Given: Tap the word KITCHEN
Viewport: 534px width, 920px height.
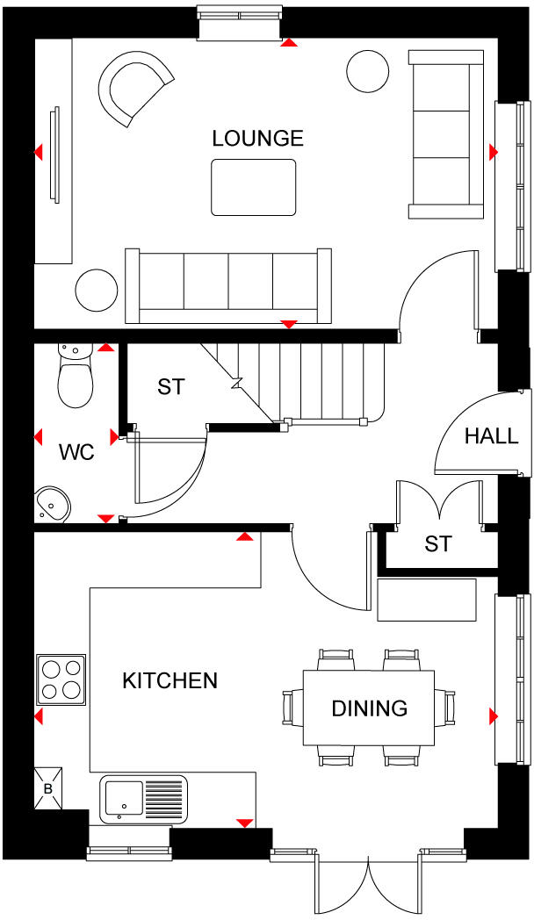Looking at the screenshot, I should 170,680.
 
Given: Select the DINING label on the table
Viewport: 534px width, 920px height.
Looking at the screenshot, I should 369,708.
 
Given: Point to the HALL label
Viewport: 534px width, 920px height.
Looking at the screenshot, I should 491,435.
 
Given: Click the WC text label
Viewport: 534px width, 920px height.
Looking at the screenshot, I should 76,453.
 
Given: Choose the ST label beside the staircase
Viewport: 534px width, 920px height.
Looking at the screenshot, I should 170,386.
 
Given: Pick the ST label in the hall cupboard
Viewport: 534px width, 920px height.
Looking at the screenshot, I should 437,544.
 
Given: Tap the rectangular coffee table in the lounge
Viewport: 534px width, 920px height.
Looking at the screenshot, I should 254,187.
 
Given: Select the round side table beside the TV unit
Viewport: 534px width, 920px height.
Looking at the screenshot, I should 96,291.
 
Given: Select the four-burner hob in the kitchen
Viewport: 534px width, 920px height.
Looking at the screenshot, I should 61,679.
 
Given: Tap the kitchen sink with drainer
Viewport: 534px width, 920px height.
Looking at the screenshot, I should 143,799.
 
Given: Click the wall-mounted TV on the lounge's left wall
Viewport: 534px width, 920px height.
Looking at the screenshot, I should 55,154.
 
